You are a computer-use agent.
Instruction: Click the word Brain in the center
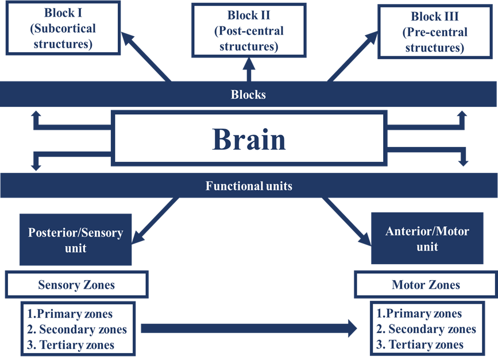pyautogui.click(x=249, y=139)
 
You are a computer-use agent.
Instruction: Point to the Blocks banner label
pyautogui.click(x=248, y=94)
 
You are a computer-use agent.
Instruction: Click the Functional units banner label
pyautogui.click(x=249, y=185)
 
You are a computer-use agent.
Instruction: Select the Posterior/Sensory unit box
pyautogui.click(x=76, y=239)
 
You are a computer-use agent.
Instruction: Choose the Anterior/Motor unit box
pyautogui.click(x=427, y=238)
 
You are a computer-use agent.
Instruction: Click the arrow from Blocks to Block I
pyautogui.click(x=146, y=57)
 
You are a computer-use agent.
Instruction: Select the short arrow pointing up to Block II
pyautogui.click(x=249, y=69)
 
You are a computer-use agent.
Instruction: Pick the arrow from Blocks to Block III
pyautogui.click(x=353, y=56)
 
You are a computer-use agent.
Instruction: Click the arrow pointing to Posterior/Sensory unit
pyautogui.click(x=156, y=220)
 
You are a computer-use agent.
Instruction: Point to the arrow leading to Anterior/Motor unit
pyautogui.click(x=346, y=221)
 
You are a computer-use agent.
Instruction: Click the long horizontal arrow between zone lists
pyautogui.click(x=249, y=328)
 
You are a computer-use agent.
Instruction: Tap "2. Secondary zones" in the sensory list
pyautogui.click(x=77, y=330)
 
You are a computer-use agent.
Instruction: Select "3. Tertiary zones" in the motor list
pyautogui.click(x=420, y=344)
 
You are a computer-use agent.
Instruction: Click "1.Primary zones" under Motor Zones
pyautogui.click(x=419, y=313)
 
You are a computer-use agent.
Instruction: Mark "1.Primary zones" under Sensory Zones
pyautogui.click(x=70, y=314)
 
